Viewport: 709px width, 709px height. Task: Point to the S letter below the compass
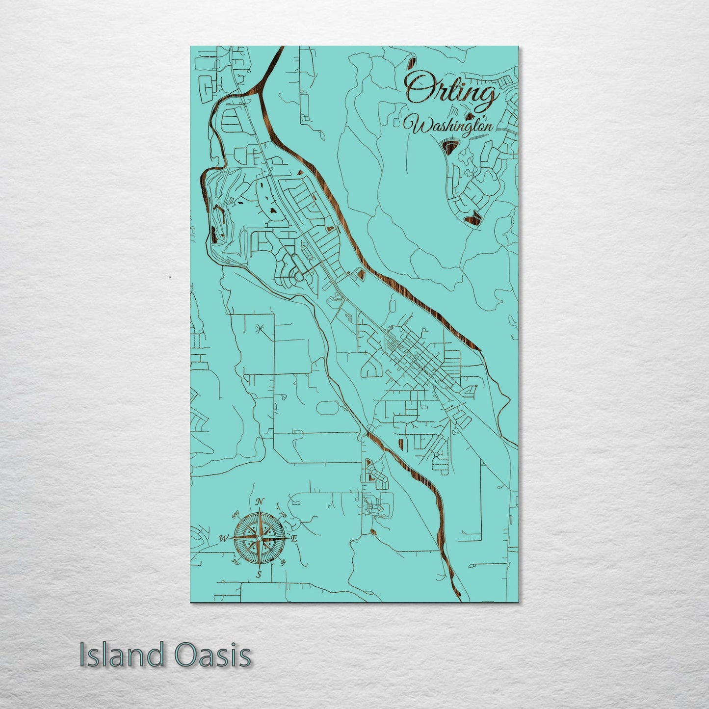(259, 575)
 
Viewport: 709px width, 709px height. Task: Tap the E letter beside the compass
(294, 539)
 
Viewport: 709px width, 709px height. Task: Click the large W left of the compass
(223, 538)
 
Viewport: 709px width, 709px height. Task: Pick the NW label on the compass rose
(236, 514)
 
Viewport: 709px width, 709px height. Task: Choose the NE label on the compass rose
(283, 514)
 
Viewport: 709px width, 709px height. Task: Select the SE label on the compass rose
(283, 562)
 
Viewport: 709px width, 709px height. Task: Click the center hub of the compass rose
(259, 538)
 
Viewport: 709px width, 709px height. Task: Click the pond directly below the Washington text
(449, 145)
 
